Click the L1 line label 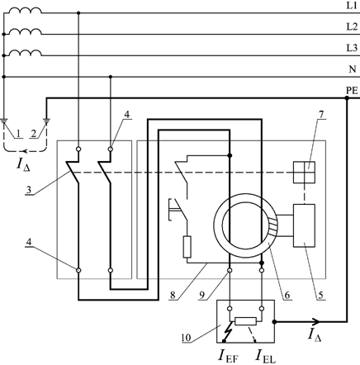(352, 6)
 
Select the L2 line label (352, 26)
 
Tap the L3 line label (352, 48)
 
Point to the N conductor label (353, 69)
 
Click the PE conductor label (352, 90)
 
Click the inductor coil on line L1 (26, 10)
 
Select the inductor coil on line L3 (26, 53)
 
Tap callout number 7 (321, 114)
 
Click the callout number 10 (186, 338)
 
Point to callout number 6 (287, 295)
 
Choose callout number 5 (320, 295)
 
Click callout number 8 (173, 295)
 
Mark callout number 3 (29, 190)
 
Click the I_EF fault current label (228, 356)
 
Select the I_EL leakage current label (265, 356)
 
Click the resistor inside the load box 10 (245, 321)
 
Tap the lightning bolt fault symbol (228, 332)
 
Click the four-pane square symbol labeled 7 (304, 173)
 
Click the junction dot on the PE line (347, 97)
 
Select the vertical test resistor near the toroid (187, 247)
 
